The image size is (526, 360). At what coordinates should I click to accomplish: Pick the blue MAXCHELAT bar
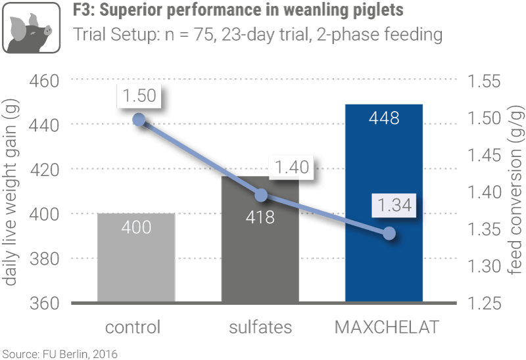point(384,217)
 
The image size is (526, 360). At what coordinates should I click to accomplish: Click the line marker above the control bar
point(139,120)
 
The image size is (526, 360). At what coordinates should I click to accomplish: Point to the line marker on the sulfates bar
point(261,195)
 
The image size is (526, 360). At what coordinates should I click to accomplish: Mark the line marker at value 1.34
point(389,233)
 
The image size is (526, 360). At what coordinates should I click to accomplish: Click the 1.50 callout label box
point(139,95)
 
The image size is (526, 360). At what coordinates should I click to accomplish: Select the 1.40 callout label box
point(292,168)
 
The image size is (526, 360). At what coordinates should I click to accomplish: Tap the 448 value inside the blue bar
point(385,118)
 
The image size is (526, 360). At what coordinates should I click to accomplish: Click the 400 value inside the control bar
point(137,227)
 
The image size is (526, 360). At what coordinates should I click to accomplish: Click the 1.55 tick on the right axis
point(484,81)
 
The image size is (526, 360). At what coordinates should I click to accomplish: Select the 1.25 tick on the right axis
point(484,304)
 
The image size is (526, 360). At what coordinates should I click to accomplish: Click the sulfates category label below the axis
point(260,326)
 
